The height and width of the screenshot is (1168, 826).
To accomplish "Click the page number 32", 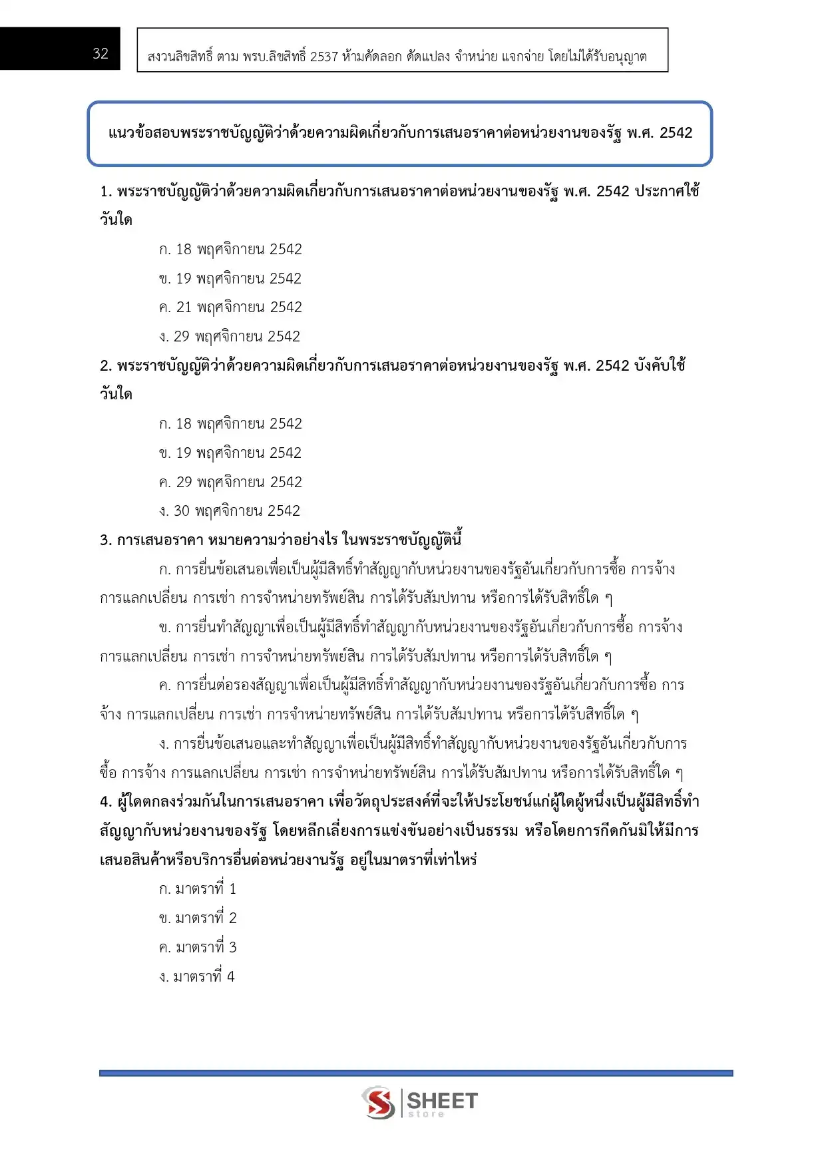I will [x=101, y=54].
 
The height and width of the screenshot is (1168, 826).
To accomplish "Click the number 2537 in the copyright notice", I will [x=324, y=57].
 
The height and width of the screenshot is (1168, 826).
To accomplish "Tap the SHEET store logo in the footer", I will [x=420, y=1103].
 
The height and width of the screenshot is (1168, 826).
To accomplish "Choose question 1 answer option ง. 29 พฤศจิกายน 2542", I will [x=230, y=337].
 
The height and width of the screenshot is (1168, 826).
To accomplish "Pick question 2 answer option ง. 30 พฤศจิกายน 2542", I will [x=230, y=511].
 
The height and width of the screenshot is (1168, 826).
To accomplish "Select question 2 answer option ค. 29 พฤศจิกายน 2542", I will [x=230, y=482].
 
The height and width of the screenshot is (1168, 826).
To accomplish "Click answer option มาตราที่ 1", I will [x=198, y=889].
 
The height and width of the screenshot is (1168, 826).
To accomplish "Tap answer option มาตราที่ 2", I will [x=198, y=918].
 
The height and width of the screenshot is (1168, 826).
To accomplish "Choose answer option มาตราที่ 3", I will [x=198, y=948].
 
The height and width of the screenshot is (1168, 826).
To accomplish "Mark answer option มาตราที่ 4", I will [x=197, y=977].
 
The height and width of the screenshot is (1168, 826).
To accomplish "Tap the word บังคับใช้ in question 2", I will [x=660, y=366].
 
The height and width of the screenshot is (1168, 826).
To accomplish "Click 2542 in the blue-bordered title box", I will [x=676, y=133].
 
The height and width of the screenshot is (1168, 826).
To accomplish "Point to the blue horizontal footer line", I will [x=416, y=1073].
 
